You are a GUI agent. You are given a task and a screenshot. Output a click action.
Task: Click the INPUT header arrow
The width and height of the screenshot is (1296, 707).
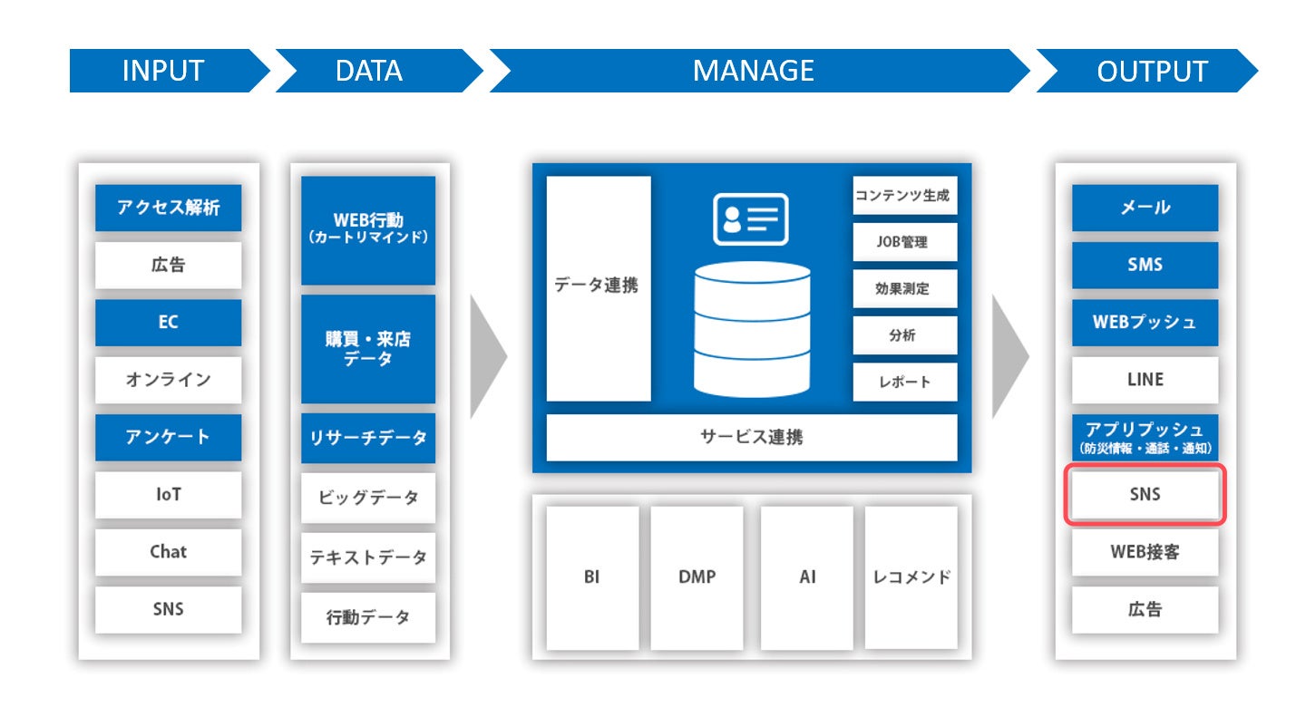[169, 71]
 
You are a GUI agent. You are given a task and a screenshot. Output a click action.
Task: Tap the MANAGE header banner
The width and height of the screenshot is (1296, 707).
[759, 71]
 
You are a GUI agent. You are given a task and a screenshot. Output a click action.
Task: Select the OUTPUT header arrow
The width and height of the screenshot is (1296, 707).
[1146, 71]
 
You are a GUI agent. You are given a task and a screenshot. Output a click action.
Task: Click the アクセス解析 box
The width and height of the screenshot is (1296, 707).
[169, 208]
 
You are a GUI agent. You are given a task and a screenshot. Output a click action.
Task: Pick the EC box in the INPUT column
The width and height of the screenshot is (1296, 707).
[169, 322]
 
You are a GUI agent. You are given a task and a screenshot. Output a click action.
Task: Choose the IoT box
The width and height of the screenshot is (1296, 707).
[169, 494]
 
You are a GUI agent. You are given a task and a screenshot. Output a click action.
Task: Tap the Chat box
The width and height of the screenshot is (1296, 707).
[169, 551]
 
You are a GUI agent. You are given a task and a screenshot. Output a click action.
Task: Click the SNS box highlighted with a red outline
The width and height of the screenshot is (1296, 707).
[1145, 494]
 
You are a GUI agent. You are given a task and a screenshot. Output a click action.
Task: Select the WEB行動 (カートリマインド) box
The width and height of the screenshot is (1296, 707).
[368, 230]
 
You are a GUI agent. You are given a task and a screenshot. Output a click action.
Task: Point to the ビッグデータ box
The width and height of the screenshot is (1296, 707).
[368, 497]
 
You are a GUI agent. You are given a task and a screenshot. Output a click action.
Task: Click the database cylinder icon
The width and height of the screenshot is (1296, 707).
[752, 330]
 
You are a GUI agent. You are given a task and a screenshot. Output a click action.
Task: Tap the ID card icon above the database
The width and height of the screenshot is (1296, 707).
[751, 219]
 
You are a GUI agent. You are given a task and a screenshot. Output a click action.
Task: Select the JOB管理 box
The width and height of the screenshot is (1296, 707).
[905, 242]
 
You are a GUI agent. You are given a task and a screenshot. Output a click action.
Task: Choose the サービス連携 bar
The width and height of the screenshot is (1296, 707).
[752, 437]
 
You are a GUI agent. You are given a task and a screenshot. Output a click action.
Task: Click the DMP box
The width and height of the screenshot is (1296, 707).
[697, 577]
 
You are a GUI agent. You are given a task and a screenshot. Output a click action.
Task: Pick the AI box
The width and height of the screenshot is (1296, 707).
[807, 577]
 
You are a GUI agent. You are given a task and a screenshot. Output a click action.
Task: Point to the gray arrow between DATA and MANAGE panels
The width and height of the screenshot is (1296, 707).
[488, 356]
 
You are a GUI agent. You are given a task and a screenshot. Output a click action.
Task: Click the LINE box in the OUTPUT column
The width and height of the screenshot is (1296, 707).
[1145, 379]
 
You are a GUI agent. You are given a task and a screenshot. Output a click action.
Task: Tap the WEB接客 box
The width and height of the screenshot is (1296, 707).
[1145, 551]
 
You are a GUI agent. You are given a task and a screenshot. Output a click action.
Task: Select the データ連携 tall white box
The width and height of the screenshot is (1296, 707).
[599, 288]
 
